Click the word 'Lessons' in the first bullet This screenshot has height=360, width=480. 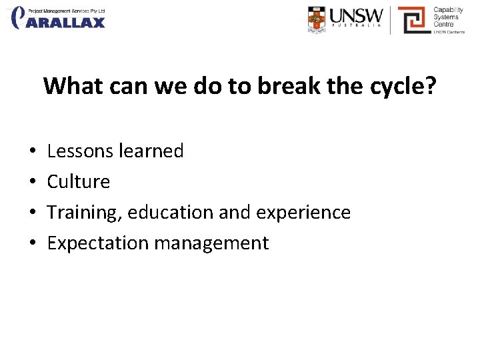click(x=80, y=151)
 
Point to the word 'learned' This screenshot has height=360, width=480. click(x=151, y=151)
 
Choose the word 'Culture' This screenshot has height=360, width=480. click(x=79, y=182)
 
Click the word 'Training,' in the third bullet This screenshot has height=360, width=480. click(x=85, y=213)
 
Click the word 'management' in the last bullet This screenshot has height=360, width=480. click(x=211, y=243)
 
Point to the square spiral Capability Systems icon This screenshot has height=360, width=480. click(x=413, y=19)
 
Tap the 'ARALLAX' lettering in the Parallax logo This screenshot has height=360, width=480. click(x=67, y=22)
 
